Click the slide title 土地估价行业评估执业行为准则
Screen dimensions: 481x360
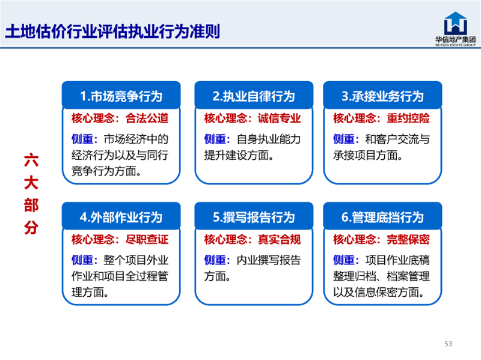[112, 31]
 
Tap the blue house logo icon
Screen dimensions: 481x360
[456, 23]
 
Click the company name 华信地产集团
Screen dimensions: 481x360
[456, 39]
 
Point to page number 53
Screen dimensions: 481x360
[448, 343]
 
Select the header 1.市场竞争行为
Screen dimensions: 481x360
[121, 96]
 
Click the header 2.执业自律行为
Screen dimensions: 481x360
[254, 96]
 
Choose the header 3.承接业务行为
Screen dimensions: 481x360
[382, 96]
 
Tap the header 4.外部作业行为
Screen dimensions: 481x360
[121, 217]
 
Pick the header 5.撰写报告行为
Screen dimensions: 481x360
[254, 217]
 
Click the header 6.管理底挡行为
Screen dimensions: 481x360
[382, 217]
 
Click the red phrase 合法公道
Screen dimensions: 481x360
[147, 118]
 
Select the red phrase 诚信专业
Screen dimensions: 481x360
[279, 118]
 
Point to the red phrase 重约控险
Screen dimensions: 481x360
[408, 118]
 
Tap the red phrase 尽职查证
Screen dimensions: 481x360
[147, 239]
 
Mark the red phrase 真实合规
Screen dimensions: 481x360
[279, 239]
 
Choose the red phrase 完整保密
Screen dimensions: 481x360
[408, 239]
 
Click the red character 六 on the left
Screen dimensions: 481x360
[31, 160]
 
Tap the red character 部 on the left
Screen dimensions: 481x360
[31, 205]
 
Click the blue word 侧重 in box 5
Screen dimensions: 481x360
[215, 260]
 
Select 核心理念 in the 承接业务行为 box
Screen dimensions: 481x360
[355, 118]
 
